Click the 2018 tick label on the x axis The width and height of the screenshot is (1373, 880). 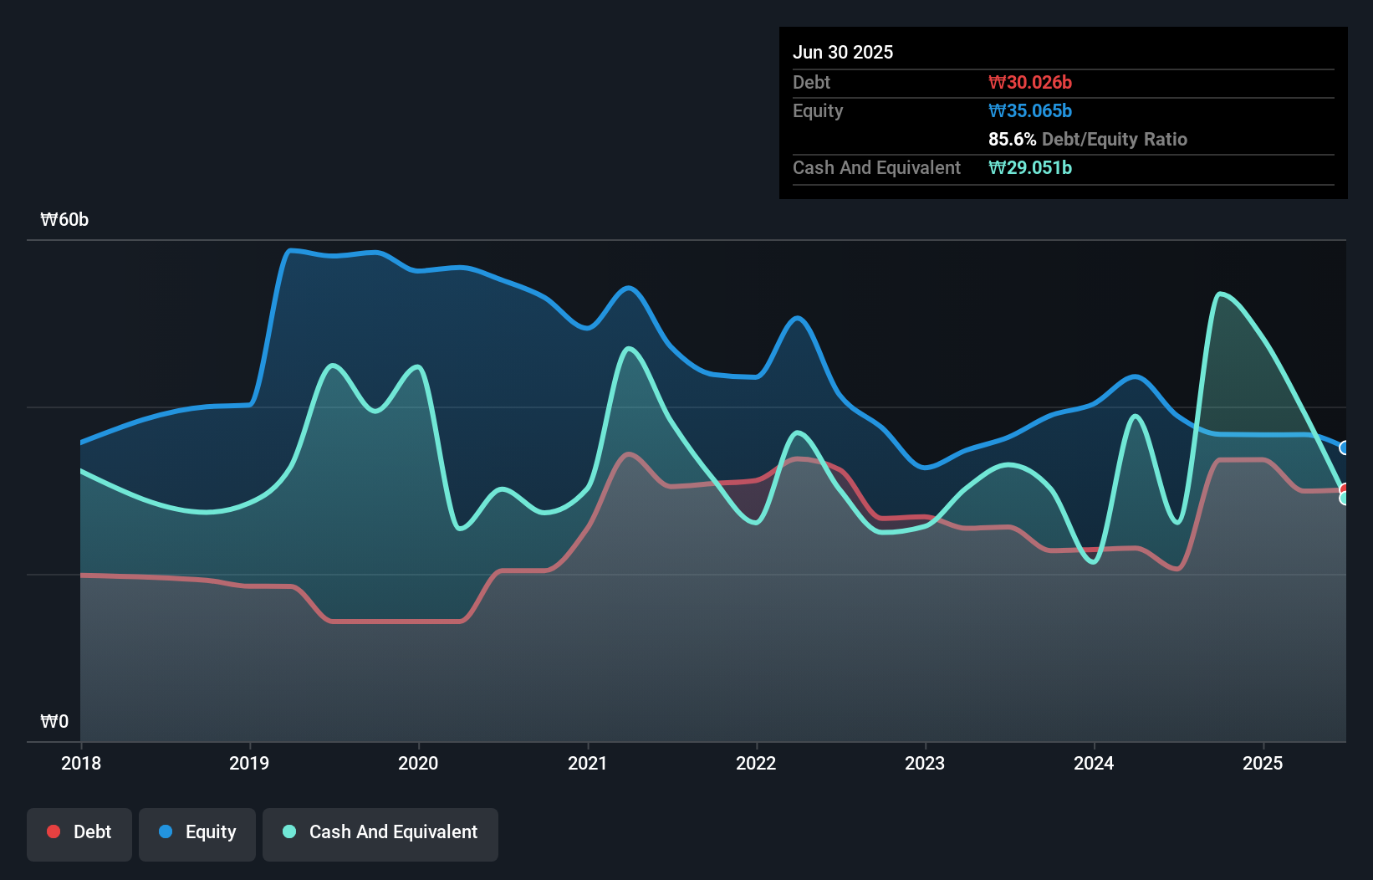click(x=81, y=763)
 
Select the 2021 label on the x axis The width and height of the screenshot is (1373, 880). click(x=587, y=763)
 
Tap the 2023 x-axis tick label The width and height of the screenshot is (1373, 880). click(x=925, y=763)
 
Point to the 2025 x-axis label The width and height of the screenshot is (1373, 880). click(x=1263, y=763)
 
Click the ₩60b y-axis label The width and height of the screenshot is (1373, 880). click(x=64, y=220)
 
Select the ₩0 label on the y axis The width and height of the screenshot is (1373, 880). click(x=54, y=721)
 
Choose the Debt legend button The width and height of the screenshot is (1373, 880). click(x=79, y=832)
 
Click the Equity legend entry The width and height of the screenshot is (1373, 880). click(x=197, y=832)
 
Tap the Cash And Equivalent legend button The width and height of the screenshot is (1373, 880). click(x=380, y=832)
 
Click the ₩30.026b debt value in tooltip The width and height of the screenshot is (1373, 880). click(x=1029, y=83)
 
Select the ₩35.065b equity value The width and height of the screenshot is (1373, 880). click(x=1029, y=111)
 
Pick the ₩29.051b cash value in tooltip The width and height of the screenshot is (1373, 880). click(x=1029, y=168)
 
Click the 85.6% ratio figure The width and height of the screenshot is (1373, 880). click(x=1012, y=140)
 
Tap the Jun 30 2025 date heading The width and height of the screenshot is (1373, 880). click(x=843, y=53)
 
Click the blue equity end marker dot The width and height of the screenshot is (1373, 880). click(x=1345, y=448)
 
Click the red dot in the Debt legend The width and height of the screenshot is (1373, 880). click(x=54, y=831)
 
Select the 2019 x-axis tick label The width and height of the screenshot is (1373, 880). click(x=249, y=763)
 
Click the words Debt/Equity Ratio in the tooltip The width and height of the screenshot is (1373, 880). click(x=1114, y=140)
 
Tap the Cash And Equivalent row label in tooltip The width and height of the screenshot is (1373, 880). click(x=876, y=168)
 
